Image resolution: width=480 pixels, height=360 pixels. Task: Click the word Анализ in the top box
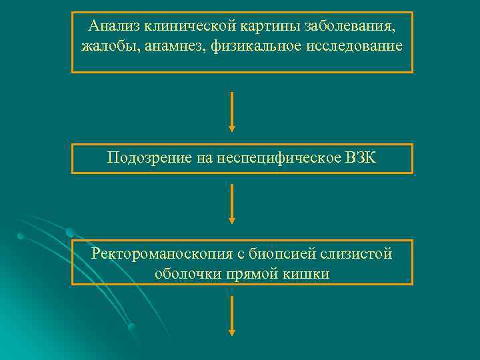point(111,26)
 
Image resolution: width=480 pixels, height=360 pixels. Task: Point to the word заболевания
point(349,26)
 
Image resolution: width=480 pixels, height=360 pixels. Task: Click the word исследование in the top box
point(353,46)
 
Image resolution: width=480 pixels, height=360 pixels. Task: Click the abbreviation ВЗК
point(363,158)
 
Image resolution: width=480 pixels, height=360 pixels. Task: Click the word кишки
point(307,273)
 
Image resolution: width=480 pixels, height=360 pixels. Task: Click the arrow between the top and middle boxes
point(232,111)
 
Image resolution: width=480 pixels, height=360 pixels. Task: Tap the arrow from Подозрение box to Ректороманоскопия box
point(232,203)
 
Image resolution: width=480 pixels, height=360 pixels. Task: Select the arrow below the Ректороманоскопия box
point(232,316)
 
